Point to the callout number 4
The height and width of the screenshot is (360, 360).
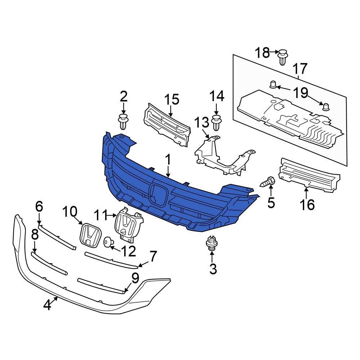(x=47, y=305)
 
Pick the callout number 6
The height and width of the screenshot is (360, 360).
(x=39, y=207)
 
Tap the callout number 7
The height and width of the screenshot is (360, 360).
(x=153, y=257)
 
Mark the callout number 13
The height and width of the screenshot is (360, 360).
(x=202, y=123)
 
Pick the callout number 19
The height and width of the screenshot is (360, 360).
(x=301, y=94)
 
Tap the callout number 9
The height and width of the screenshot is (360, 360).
(x=135, y=278)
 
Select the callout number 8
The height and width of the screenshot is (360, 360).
(x=35, y=235)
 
